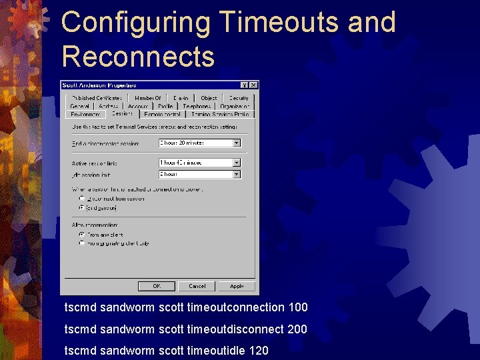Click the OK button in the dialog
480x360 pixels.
[157, 286]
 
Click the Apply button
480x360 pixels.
[237, 286]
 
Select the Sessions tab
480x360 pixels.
[122, 114]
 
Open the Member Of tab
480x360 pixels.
[147, 98]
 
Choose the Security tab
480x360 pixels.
[238, 98]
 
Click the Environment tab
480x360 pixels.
[84, 115]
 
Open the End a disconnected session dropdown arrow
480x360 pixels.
[236, 143]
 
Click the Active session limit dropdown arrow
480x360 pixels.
[236, 163]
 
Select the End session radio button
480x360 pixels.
[82, 208]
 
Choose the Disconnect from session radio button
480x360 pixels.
[82, 199]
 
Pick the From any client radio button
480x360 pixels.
[82, 235]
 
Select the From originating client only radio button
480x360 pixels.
[82, 243]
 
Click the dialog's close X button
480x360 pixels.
[253, 85]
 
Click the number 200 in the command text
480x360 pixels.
[298, 329]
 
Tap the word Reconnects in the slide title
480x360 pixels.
[138, 57]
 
